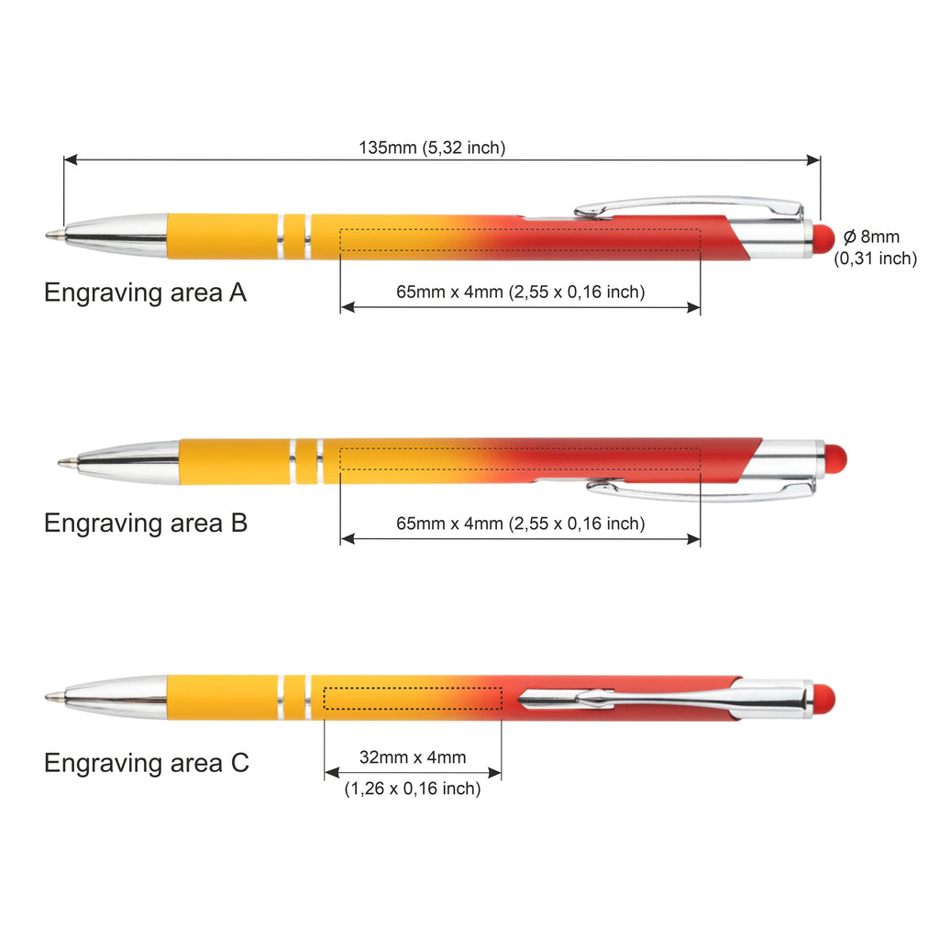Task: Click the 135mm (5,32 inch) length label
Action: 432,148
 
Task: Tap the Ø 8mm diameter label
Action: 871,237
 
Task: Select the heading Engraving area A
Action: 146,293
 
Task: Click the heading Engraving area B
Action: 146,523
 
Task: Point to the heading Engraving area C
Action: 146,763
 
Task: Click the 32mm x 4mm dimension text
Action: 413,757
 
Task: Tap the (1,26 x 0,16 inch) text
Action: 413,788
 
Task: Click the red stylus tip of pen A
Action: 824,238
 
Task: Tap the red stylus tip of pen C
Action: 824,698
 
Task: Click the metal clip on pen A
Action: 689,206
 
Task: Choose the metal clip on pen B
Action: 701,489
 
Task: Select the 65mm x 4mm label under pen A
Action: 521,292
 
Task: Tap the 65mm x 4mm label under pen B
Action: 521,524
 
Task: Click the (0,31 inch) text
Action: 876,258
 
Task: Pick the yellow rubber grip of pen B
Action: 235,462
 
